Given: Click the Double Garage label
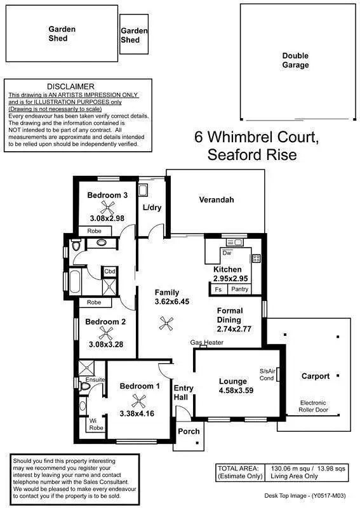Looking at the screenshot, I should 295,60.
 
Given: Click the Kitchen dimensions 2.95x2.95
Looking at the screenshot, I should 230,279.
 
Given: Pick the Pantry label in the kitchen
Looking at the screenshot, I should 240,290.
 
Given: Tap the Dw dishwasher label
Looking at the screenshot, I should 226,253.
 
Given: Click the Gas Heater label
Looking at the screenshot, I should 206,343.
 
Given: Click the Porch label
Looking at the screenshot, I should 189,432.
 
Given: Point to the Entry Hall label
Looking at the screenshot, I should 184,393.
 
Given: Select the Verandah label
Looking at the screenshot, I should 217,200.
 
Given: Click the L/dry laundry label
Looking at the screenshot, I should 152,208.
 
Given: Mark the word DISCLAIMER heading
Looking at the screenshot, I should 70,86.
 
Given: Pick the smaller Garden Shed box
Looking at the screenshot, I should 134,34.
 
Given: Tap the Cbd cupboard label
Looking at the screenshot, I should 110,271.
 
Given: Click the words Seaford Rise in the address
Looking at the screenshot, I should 251,155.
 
